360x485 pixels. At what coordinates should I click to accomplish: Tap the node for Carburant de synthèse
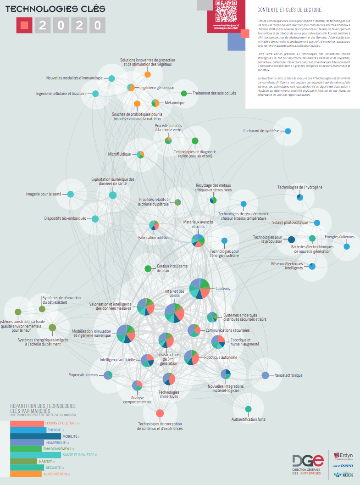[x=288, y=131]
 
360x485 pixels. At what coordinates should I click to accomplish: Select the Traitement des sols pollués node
[x=184, y=94]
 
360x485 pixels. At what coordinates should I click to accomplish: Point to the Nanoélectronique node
[x=265, y=375]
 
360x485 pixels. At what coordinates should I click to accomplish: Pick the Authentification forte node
[x=248, y=409]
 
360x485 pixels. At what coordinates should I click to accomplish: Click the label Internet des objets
[x=175, y=293]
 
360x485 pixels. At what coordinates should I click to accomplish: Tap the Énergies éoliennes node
[x=347, y=246]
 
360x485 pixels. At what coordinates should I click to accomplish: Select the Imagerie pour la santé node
[x=71, y=194]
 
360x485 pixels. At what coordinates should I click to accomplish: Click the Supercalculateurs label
[x=83, y=375]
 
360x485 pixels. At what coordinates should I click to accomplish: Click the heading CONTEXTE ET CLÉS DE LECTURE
[x=289, y=10]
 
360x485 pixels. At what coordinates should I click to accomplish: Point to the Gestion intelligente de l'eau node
[x=148, y=268]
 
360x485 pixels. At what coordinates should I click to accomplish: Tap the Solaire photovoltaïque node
[x=317, y=223]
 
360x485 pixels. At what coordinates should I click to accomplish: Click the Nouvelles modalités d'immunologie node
[x=111, y=78]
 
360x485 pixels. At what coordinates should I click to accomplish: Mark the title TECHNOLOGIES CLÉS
[x=55, y=9]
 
